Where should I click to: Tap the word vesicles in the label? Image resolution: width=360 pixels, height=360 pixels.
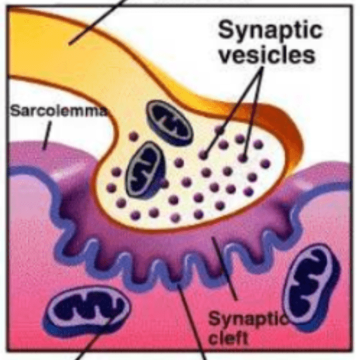[267, 55]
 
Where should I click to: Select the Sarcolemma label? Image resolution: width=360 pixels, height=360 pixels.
[59, 111]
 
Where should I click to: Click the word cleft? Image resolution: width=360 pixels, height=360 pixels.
[229, 337]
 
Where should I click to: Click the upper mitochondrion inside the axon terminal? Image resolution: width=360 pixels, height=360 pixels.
[170, 123]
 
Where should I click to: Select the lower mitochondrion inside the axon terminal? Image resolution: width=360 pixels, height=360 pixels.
[145, 170]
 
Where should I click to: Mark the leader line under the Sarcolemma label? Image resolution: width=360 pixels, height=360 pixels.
[47, 136]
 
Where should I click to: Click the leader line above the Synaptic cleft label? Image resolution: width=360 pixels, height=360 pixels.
[224, 268]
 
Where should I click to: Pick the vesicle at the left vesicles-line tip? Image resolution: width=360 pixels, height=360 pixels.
[203, 154]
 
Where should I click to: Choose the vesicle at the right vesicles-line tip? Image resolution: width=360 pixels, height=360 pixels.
[243, 157]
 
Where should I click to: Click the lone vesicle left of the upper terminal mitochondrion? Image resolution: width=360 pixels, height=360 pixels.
[134, 136]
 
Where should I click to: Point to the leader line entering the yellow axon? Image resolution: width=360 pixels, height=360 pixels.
[98, 22]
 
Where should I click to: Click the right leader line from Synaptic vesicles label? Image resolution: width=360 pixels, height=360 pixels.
[253, 112]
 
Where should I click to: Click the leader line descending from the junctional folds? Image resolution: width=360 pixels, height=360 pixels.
[192, 321]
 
